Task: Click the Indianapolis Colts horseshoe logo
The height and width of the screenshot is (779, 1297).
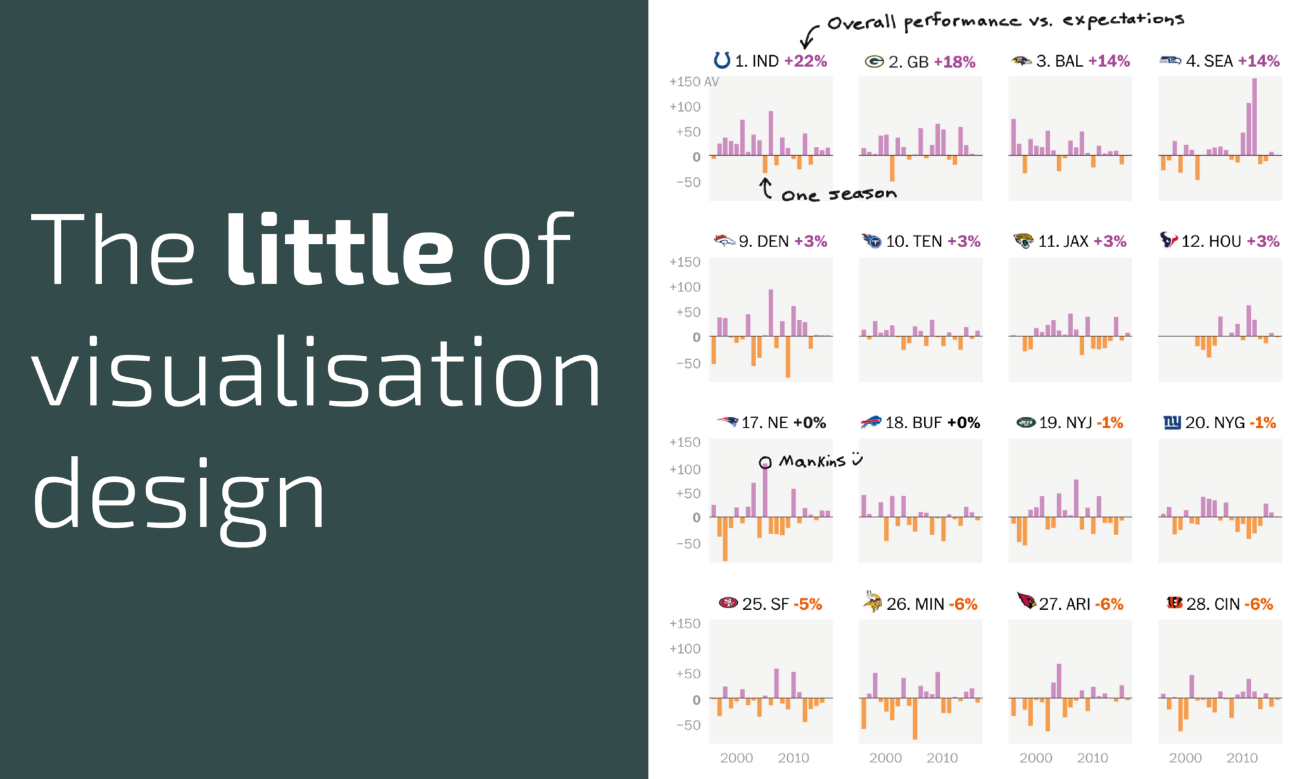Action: point(721,60)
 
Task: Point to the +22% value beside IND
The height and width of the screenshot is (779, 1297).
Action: point(806,61)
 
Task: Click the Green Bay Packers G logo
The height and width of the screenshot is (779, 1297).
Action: point(874,61)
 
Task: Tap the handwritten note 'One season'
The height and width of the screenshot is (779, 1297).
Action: point(838,194)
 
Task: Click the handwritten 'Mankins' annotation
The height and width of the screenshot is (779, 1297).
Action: point(812,461)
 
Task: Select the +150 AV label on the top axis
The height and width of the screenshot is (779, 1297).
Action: point(693,82)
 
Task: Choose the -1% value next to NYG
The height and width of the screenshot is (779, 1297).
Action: point(1263,422)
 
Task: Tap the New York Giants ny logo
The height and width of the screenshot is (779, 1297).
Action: point(1172,422)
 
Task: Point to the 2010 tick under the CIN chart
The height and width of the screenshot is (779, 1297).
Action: point(1242,757)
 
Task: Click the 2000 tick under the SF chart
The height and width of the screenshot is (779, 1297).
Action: point(737,757)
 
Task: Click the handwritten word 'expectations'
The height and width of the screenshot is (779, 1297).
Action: point(1123,20)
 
